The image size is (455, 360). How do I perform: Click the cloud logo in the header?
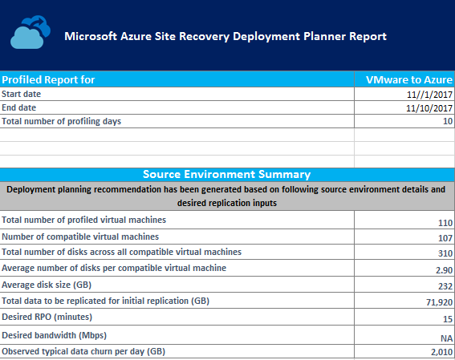coord(30,37)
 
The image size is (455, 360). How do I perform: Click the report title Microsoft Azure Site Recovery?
coord(225,37)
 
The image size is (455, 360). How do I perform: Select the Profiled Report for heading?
coord(48,79)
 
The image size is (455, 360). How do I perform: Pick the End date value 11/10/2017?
coord(429,107)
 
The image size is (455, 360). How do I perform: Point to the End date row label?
coord(21,107)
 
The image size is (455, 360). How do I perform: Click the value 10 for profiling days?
coord(447,121)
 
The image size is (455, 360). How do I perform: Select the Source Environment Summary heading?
coord(226,174)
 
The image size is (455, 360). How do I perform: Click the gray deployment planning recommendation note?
coord(226,196)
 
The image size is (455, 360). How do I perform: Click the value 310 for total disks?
coord(444,253)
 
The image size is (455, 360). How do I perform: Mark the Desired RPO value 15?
coord(447,318)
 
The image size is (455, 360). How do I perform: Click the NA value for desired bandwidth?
coord(445,336)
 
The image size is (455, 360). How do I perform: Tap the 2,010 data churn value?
coord(440,352)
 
